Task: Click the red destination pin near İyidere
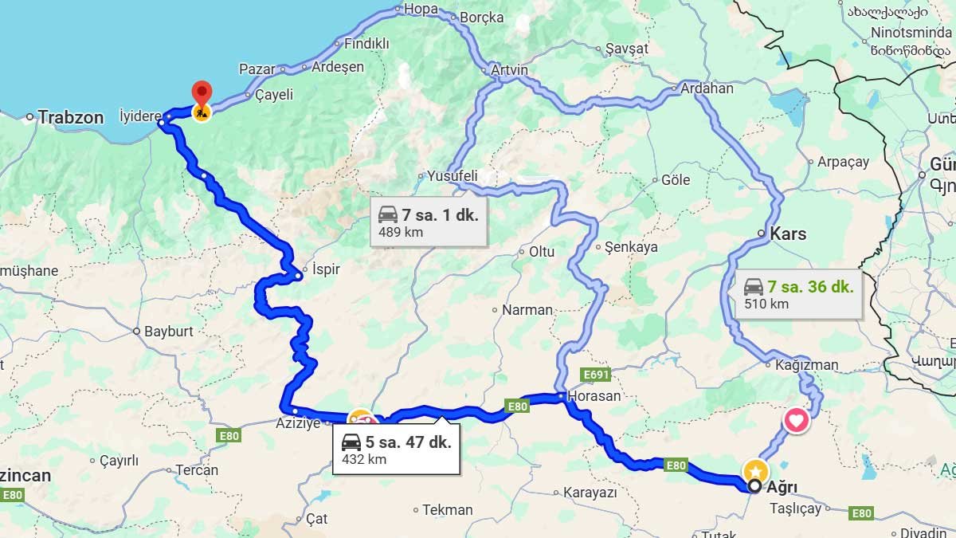coord(202,91)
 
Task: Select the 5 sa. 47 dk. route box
coord(396,450)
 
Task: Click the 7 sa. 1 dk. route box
coord(429,222)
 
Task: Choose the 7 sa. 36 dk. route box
coord(797,294)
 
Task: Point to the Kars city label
coord(788,234)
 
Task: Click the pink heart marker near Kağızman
coord(797,420)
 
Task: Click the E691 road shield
coord(595,374)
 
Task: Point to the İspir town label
coord(326,269)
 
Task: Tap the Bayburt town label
coord(168,331)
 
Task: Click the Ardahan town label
coord(707,88)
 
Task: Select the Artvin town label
coord(510,70)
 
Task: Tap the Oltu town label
coord(542,252)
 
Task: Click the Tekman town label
coord(447,509)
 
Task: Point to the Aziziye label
coord(297,422)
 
